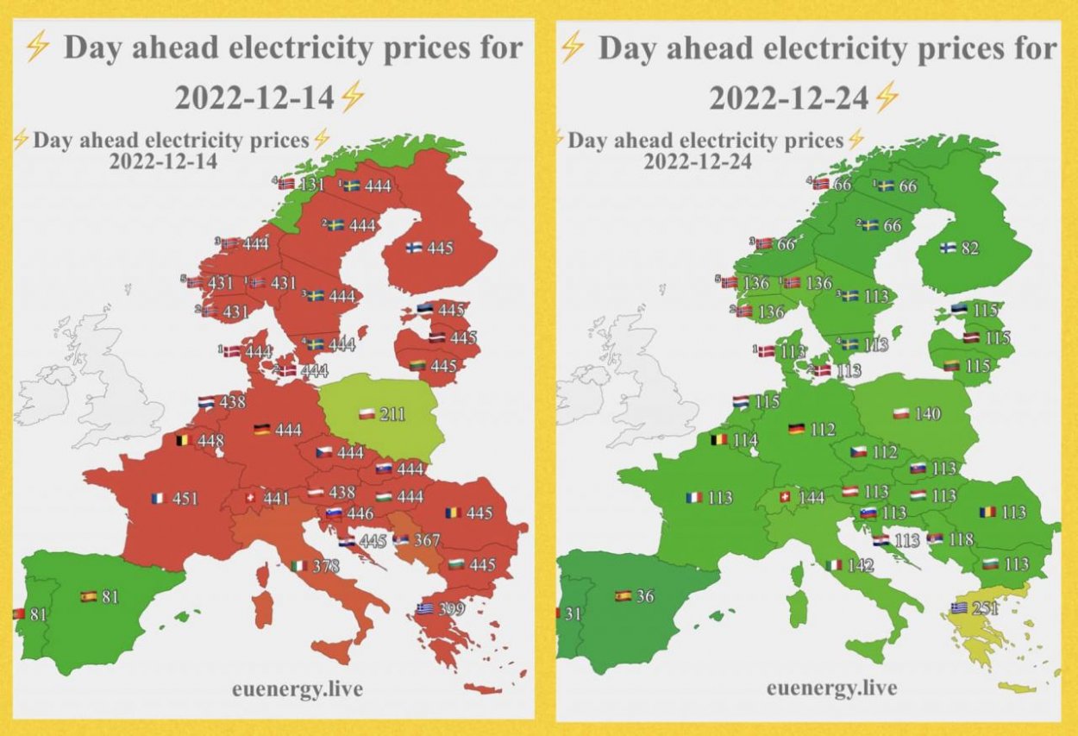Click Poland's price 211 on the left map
392,415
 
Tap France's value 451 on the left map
185,498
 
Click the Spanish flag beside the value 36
623,596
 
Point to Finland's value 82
970,248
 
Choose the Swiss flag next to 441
251,499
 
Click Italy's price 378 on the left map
327,566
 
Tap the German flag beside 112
797,429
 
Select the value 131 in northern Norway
311,184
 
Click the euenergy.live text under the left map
297,689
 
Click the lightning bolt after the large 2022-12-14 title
352,98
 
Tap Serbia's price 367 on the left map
426,540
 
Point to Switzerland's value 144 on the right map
812,498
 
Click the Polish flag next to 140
901,414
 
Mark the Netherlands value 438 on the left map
232,401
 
